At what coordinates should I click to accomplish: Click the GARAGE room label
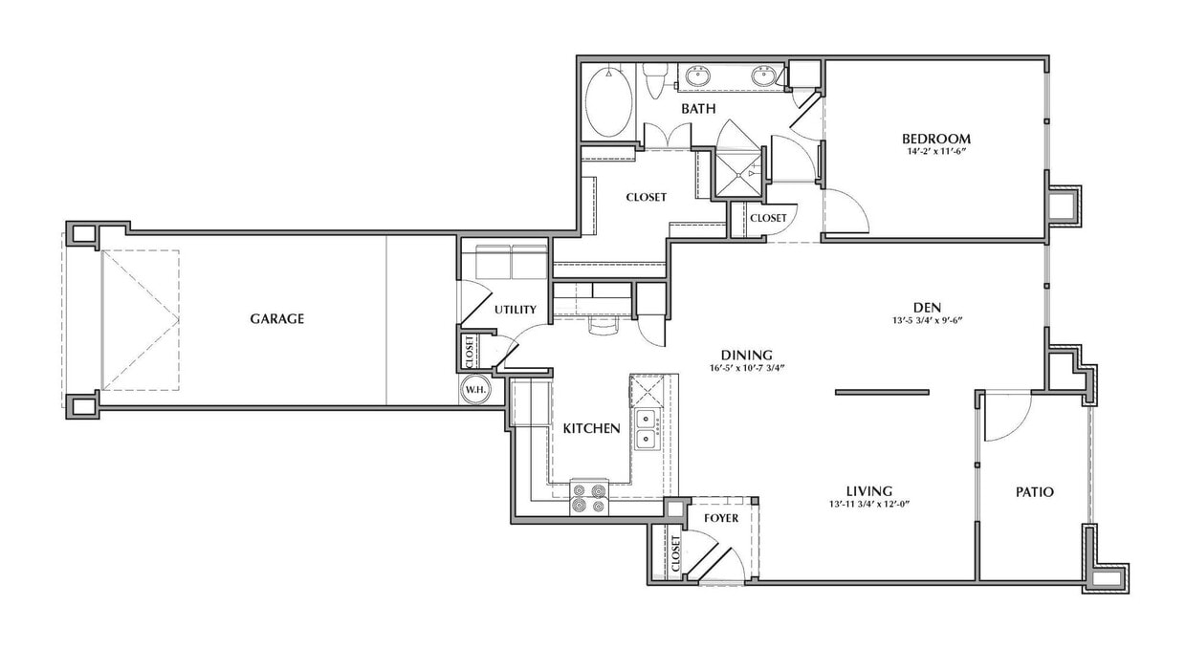(x=276, y=318)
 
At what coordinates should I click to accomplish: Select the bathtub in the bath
(x=608, y=102)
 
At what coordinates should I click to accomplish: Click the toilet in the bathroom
(x=655, y=81)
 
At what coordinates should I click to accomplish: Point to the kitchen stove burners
(x=589, y=497)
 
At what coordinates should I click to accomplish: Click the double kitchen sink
(x=647, y=428)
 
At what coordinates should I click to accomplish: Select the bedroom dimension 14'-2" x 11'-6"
(x=939, y=151)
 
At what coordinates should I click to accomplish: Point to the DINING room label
(x=747, y=354)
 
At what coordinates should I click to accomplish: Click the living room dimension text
(x=868, y=504)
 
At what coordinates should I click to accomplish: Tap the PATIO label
(x=1034, y=492)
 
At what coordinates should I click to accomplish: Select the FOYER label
(x=721, y=518)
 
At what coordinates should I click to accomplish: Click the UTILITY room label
(x=515, y=310)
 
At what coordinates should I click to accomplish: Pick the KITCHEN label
(x=591, y=428)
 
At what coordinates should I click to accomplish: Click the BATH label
(x=698, y=109)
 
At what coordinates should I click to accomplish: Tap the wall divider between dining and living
(x=882, y=391)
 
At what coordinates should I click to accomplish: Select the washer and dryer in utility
(x=504, y=261)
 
